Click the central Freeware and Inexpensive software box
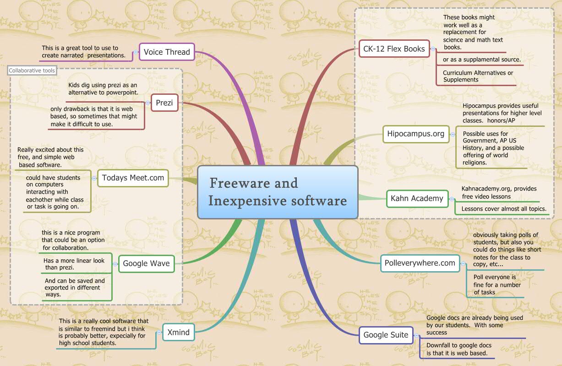pyautogui.click(x=277, y=192)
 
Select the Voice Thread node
pyautogui.click(x=167, y=52)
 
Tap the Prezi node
pyautogui.click(x=164, y=103)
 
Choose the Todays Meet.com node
pyautogui.click(x=133, y=178)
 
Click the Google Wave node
pyautogui.click(x=146, y=263)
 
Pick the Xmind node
pyautogui.click(x=179, y=333)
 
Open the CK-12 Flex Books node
pyautogui.click(x=394, y=49)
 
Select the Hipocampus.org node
pyautogui.click(x=416, y=134)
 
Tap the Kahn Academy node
pyautogui.click(x=417, y=198)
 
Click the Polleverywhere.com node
pyautogui.click(x=420, y=263)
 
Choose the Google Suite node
pyautogui.click(x=386, y=335)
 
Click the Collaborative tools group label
pyautogui.click(x=32, y=71)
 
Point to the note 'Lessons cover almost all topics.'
pyautogui.click(x=504, y=209)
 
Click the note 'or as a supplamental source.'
pyautogui.click(x=481, y=60)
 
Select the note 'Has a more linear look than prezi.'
pyautogui.click(x=74, y=264)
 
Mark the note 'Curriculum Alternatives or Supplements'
pyautogui.click(x=478, y=76)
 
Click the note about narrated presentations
pyautogui.click(x=83, y=51)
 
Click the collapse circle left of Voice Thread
pyautogui.click(x=136, y=52)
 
